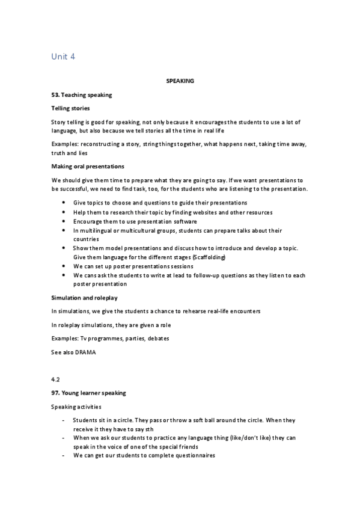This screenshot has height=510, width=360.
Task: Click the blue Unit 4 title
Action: [x=63, y=57]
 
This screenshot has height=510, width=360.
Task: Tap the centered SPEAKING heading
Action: [x=180, y=80]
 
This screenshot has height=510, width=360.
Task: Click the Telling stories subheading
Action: [x=71, y=108]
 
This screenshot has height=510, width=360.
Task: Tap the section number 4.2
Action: [x=56, y=380]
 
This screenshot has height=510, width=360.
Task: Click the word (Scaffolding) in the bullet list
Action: [x=207, y=257]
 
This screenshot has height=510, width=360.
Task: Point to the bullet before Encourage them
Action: [x=64, y=221]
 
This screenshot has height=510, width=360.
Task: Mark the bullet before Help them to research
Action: [x=64, y=212]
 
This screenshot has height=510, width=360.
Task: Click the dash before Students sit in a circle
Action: [x=64, y=420]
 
